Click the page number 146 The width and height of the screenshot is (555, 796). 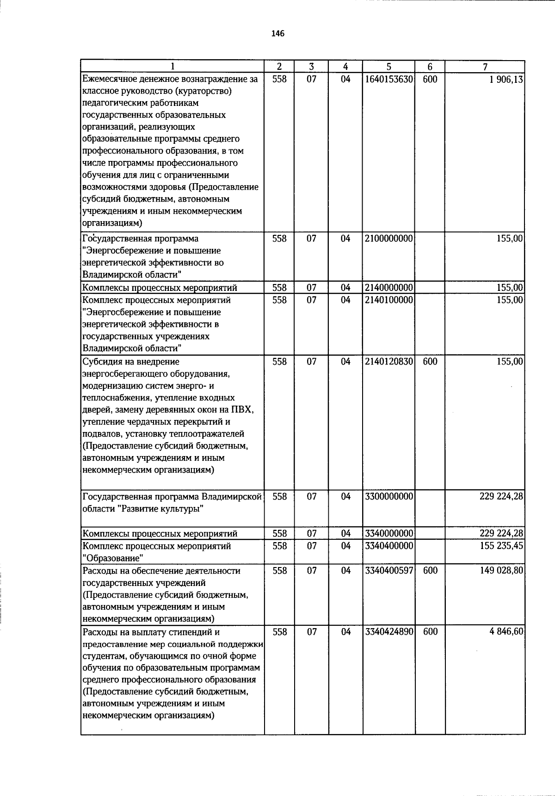(277, 33)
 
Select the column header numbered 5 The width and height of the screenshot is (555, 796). (388, 67)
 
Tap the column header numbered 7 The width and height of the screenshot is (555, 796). (485, 67)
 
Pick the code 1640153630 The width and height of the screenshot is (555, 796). (388, 79)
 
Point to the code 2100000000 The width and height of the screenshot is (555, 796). (388, 239)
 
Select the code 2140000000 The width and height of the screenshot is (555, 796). (388, 288)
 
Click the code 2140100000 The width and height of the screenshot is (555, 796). (388, 300)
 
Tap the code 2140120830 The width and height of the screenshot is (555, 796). (388, 362)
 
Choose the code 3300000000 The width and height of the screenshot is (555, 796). (388, 497)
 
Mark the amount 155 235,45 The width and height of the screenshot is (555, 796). (501, 546)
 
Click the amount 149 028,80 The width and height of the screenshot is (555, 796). (501, 571)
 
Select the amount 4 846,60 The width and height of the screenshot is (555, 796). (506, 632)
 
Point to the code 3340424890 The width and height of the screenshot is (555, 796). (388, 632)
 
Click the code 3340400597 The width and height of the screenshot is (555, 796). (388, 571)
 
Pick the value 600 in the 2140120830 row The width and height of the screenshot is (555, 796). (430, 362)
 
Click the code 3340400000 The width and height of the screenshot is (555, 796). (388, 546)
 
